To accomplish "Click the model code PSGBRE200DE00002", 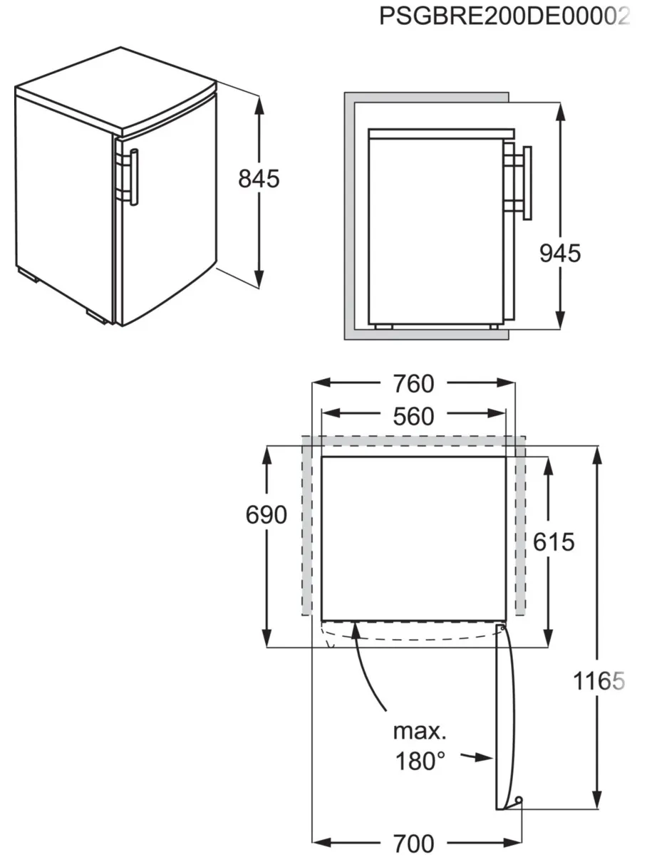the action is tap(504, 17).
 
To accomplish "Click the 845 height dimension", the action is tap(259, 179).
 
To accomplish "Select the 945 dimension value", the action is tap(560, 254).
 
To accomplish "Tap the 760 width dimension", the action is tap(414, 384).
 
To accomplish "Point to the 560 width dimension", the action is tap(414, 416).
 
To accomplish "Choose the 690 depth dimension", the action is tap(266, 514).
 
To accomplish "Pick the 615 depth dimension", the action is tap(554, 542).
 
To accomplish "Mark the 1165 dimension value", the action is tap(599, 681).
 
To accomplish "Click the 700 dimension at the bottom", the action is tap(414, 843).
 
